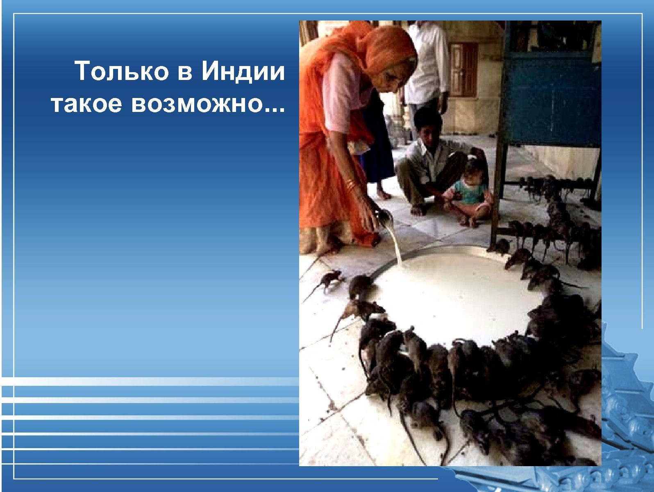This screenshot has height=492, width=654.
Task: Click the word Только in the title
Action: (122, 71)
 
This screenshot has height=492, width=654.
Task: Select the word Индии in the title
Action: (243, 71)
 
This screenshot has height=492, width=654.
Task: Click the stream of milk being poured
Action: (395, 244)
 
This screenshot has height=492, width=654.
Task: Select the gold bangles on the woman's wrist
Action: (350, 183)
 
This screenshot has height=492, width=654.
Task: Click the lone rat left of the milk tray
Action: (330, 280)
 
